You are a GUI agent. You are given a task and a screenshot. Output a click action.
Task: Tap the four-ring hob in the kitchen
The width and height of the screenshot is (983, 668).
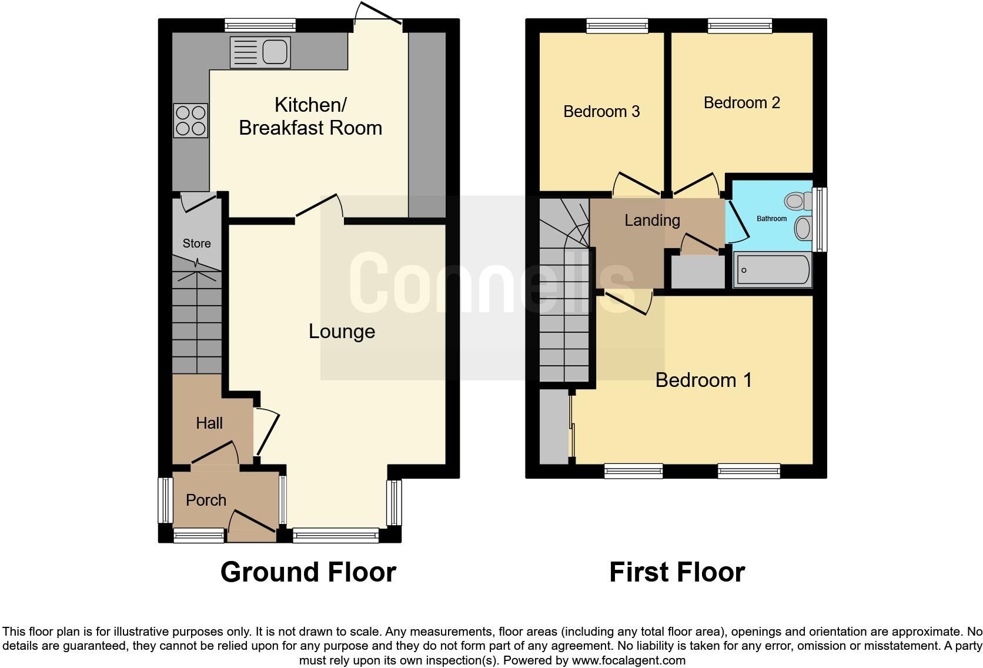(190, 121)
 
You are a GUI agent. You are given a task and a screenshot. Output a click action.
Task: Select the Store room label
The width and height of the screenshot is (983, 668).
(196, 243)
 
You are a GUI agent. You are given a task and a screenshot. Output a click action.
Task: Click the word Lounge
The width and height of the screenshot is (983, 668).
(342, 332)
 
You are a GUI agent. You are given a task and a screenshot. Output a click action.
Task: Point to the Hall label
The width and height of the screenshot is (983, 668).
(209, 423)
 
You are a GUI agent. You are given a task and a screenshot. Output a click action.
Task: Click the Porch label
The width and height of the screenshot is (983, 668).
(206, 500)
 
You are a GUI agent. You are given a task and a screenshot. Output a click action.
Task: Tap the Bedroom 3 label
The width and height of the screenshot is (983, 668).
(601, 112)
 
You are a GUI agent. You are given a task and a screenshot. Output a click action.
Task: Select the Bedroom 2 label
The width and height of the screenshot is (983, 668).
(741, 103)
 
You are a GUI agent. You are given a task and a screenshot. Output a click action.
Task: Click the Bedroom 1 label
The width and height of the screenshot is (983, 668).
(703, 380)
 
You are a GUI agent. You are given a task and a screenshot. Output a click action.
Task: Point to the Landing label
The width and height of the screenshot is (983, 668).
(652, 221)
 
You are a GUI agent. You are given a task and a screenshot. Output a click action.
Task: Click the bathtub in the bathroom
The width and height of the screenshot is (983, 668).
(773, 270)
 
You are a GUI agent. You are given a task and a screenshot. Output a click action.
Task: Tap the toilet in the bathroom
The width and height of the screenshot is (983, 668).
(795, 202)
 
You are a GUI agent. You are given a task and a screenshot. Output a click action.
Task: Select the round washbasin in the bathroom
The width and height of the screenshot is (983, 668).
(802, 228)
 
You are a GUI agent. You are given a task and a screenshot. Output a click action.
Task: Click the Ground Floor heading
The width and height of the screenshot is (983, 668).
(308, 572)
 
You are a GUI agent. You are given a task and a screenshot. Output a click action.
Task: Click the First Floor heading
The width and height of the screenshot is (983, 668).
(677, 572)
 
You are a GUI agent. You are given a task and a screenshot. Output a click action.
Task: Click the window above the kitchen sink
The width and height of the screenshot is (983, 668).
(260, 25)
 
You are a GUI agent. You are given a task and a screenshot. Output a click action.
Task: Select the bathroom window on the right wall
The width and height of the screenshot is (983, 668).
(820, 219)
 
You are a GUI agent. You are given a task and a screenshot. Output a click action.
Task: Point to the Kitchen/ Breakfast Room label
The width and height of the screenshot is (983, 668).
(310, 116)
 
